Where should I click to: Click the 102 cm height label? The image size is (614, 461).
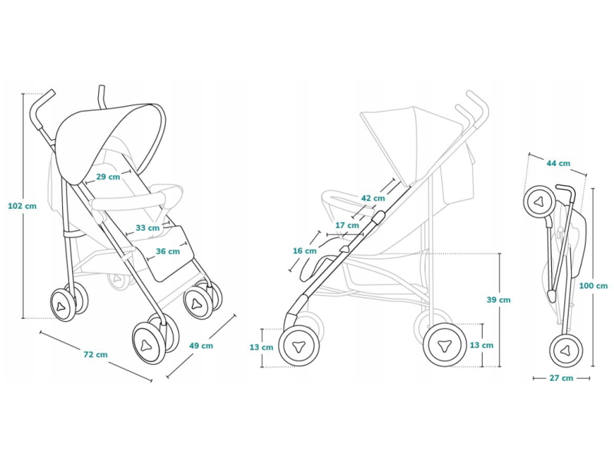(22, 206)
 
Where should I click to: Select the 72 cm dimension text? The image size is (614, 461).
(95, 354)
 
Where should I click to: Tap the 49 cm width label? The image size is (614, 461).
(201, 345)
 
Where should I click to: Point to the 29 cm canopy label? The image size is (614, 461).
(108, 177)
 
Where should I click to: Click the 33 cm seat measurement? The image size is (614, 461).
(147, 227)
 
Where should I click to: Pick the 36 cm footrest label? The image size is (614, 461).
(168, 251)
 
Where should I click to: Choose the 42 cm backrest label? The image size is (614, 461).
(373, 198)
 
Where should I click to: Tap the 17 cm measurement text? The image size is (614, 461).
(347, 225)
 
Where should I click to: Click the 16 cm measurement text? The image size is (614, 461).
(305, 251)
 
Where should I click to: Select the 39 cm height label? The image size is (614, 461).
(498, 300)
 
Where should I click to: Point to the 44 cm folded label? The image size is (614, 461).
(559, 163)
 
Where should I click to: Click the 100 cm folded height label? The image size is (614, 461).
(593, 286)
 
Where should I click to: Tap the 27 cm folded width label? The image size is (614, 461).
(562, 378)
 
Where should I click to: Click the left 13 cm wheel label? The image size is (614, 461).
(262, 347)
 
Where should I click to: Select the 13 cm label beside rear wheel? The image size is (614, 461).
(482, 345)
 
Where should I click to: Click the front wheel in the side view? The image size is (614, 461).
(299, 346)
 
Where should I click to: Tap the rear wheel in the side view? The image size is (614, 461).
(444, 345)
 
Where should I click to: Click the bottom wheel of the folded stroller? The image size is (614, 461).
(565, 350)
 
